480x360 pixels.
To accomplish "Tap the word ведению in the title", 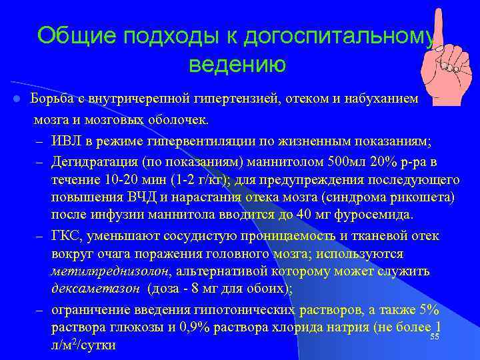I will click(x=237, y=65).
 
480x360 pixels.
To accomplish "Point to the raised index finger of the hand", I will click(x=437, y=30).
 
